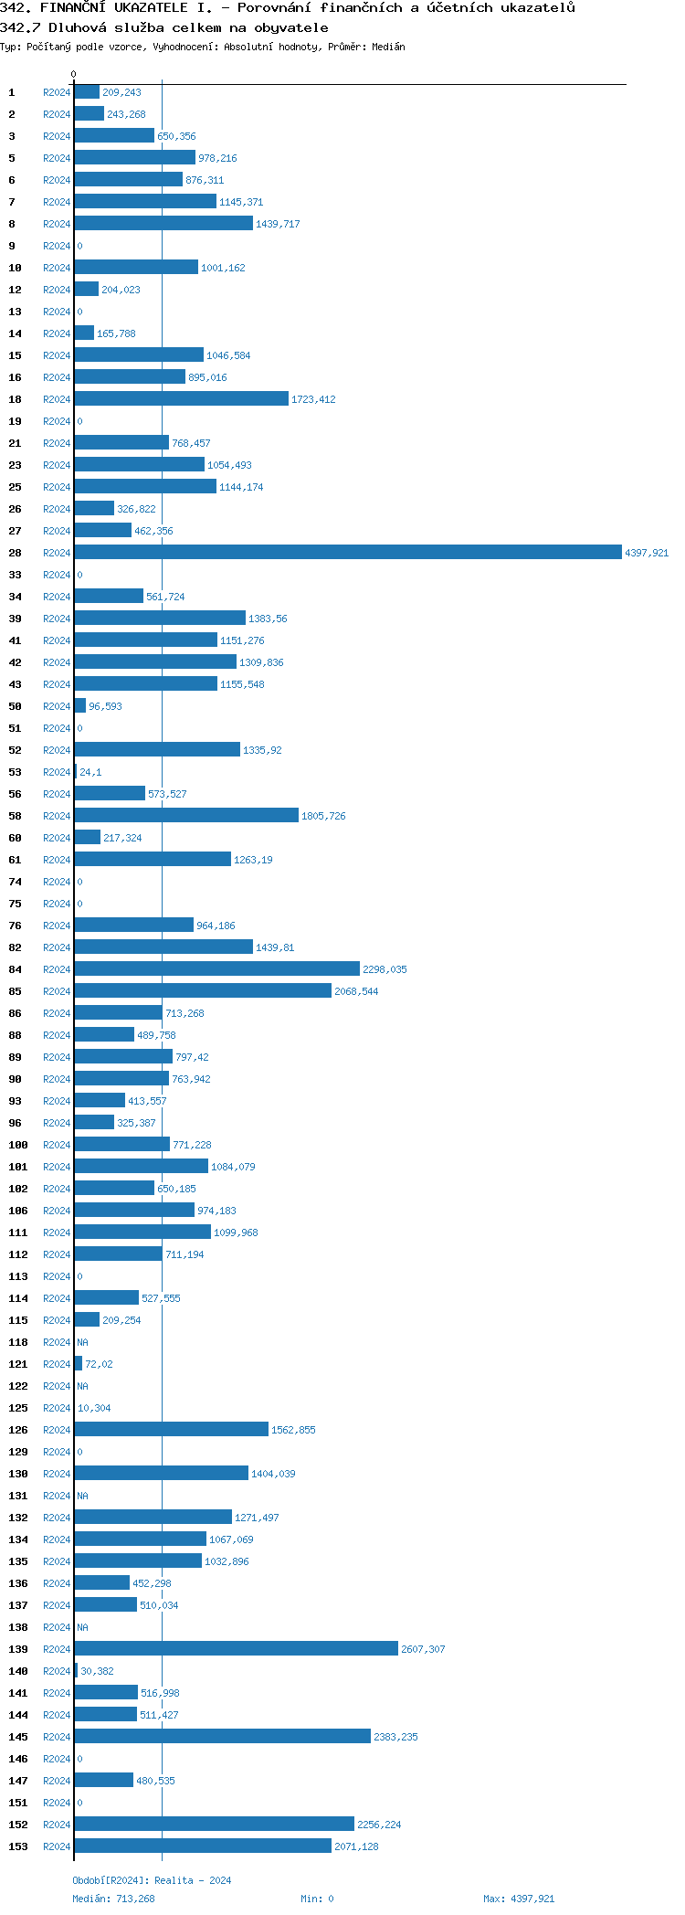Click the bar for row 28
(347, 552)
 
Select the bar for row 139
(236, 1648)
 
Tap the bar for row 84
(216, 968)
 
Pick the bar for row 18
(181, 398)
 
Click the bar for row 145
(222, 1736)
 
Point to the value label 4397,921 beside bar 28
(647, 553)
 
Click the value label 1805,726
(323, 816)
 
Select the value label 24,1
(90, 772)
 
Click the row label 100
(18, 1145)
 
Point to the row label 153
(18, 1846)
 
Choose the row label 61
(16, 860)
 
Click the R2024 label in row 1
(57, 92)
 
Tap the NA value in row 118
(82, 1342)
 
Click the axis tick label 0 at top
(74, 74)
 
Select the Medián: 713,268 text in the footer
(113, 1899)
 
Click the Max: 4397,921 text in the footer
(518, 1899)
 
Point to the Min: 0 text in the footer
(317, 1899)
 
